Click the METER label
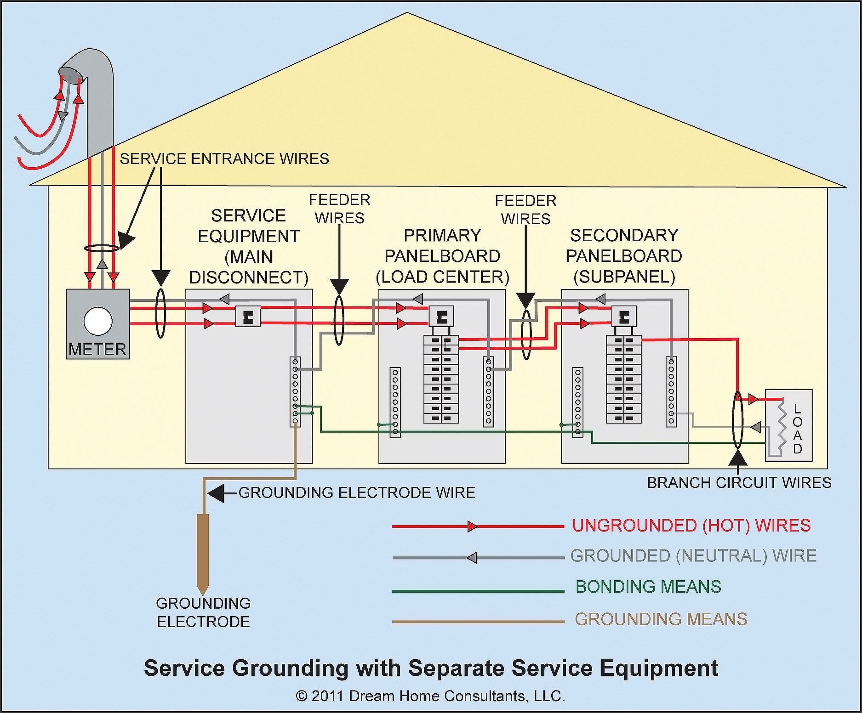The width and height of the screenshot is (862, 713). (97, 350)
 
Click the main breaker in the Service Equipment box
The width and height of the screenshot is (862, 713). (248, 317)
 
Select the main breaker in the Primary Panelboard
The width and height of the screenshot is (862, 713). (442, 317)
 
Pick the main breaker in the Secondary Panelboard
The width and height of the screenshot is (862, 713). (624, 317)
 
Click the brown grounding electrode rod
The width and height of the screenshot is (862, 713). (203, 551)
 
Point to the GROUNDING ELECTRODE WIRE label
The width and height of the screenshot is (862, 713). (357, 492)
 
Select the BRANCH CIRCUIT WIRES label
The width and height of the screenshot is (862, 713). (739, 483)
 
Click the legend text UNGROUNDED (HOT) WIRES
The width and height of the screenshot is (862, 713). (691, 526)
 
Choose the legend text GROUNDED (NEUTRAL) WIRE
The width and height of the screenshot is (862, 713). (693, 556)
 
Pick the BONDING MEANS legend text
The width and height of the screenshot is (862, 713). (648, 587)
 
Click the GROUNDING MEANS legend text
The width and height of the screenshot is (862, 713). (661, 619)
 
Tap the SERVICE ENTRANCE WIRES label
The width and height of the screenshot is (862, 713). (224, 159)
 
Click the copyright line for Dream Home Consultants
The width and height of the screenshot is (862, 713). (430, 696)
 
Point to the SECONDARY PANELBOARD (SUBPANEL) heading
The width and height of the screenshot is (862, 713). (624, 256)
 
